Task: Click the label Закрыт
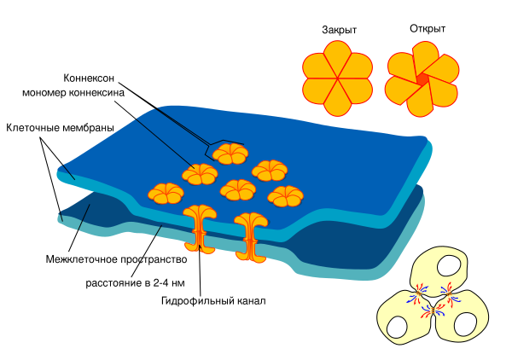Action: (x=339, y=29)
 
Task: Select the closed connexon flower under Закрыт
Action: (x=338, y=80)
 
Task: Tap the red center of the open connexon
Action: (x=422, y=79)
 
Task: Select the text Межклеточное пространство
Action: (x=115, y=258)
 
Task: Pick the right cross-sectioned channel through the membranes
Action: (x=251, y=236)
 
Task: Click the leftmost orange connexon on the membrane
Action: (x=166, y=193)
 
